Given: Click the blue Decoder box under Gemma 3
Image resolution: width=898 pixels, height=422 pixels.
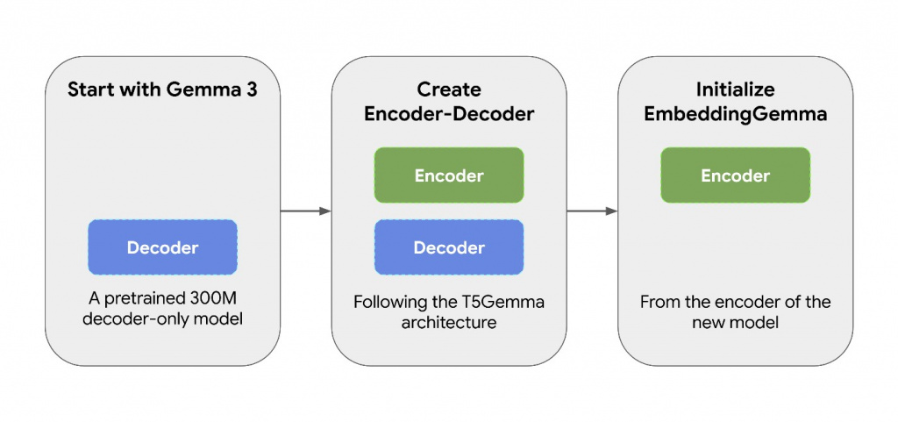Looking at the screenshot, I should [x=162, y=247].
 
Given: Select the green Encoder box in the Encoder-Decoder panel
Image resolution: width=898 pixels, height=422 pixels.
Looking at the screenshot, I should [x=449, y=175].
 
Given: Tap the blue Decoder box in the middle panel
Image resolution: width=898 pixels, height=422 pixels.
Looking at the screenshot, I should [x=449, y=247].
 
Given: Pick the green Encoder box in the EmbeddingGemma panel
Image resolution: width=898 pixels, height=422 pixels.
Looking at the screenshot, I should [x=735, y=175].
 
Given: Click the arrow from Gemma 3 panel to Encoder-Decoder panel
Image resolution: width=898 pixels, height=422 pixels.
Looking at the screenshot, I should [x=305, y=211].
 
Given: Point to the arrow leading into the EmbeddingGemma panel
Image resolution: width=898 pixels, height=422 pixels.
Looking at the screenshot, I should [x=592, y=211].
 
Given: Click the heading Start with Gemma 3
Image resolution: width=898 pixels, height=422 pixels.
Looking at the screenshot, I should [x=162, y=89].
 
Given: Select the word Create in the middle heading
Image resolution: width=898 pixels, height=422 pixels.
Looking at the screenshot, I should [x=449, y=89].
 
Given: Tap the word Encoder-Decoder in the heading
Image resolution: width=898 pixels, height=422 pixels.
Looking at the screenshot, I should [x=449, y=113].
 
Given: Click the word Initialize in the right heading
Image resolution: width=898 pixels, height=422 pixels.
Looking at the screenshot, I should [x=735, y=89].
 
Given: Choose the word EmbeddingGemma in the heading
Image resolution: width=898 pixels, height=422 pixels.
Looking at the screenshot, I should [x=735, y=113].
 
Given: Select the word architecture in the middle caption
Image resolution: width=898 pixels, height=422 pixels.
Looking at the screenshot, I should [x=449, y=323].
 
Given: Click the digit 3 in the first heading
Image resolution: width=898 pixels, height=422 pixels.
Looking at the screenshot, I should [x=251, y=89].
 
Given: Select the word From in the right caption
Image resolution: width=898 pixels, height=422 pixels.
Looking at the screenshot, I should [x=660, y=302].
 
